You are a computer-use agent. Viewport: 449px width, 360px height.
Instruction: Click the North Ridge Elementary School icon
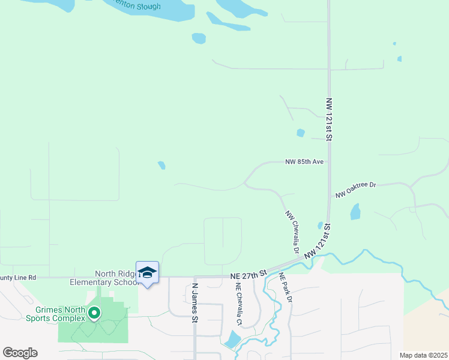pos(147,273)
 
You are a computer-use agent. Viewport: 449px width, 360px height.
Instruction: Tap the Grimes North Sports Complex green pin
pos(94,313)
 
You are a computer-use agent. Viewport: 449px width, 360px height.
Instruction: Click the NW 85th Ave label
pos(304,162)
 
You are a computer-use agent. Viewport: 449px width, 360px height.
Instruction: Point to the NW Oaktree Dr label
pos(355,190)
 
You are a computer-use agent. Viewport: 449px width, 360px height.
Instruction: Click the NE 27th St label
pos(248,275)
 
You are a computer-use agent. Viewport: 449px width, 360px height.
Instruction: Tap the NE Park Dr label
pos(285,287)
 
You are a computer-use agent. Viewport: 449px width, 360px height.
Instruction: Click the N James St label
pos(194,303)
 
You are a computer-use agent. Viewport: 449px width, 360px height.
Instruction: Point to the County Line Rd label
pos(18,278)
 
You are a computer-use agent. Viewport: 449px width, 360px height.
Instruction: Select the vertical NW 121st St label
pos(329,119)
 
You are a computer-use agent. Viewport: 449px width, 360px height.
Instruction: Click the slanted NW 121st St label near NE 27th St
pos(318,243)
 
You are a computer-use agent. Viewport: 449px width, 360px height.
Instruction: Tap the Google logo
pos(20,353)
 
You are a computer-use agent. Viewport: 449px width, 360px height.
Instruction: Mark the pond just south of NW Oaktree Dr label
pos(355,211)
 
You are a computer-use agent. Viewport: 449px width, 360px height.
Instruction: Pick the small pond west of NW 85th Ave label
pos(161,165)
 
